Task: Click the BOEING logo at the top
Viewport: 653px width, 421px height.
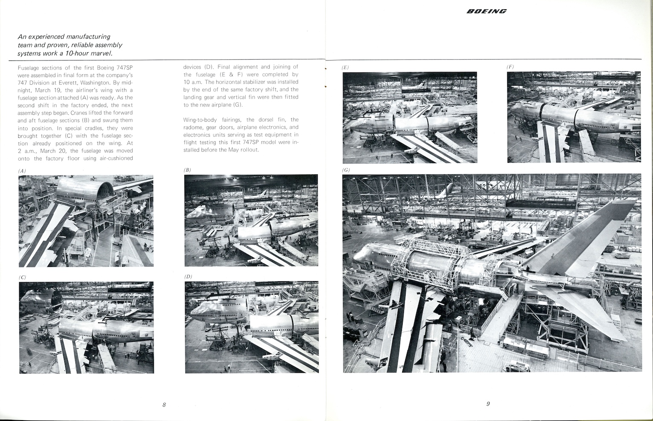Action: point(486,11)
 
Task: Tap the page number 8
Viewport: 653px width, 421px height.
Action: point(164,404)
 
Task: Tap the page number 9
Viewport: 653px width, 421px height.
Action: point(488,404)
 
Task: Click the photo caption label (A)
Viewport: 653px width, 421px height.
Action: point(22,171)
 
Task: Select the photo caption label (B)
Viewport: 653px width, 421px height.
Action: point(187,170)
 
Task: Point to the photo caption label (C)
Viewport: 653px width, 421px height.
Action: point(23,277)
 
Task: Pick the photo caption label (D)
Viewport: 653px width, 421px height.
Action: point(188,277)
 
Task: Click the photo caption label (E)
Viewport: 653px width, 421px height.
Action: point(345,67)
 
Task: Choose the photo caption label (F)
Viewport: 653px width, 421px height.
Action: point(510,67)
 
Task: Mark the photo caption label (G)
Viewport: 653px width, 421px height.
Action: point(346,170)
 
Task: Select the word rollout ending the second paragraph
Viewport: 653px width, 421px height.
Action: point(249,150)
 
